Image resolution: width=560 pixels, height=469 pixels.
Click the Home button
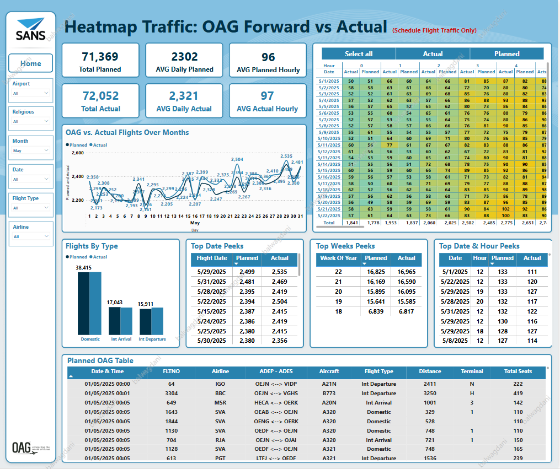tap(31, 63)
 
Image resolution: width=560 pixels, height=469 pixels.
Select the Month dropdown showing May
tap(31, 150)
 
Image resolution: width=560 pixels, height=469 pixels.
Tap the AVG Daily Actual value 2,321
tap(184, 96)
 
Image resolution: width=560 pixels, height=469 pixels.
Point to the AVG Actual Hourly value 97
tap(268, 96)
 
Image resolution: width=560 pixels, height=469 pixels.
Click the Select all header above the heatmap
tap(359, 54)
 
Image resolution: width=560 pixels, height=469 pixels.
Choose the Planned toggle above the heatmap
tap(506, 54)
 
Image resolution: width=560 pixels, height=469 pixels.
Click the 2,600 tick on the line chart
tap(77, 153)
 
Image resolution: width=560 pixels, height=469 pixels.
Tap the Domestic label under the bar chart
tap(90, 339)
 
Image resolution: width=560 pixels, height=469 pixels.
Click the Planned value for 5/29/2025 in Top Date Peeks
tap(247, 272)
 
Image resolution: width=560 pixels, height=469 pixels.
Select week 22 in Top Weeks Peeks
tap(338, 272)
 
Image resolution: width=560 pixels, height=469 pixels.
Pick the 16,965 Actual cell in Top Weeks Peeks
tap(406, 272)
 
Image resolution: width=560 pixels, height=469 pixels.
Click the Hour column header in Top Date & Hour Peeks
tap(480, 258)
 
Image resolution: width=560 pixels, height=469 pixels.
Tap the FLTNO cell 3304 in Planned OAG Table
tap(171, 393)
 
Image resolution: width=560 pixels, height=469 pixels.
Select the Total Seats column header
tap(518, 371)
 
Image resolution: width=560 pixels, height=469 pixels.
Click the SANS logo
tap(31, 30)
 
